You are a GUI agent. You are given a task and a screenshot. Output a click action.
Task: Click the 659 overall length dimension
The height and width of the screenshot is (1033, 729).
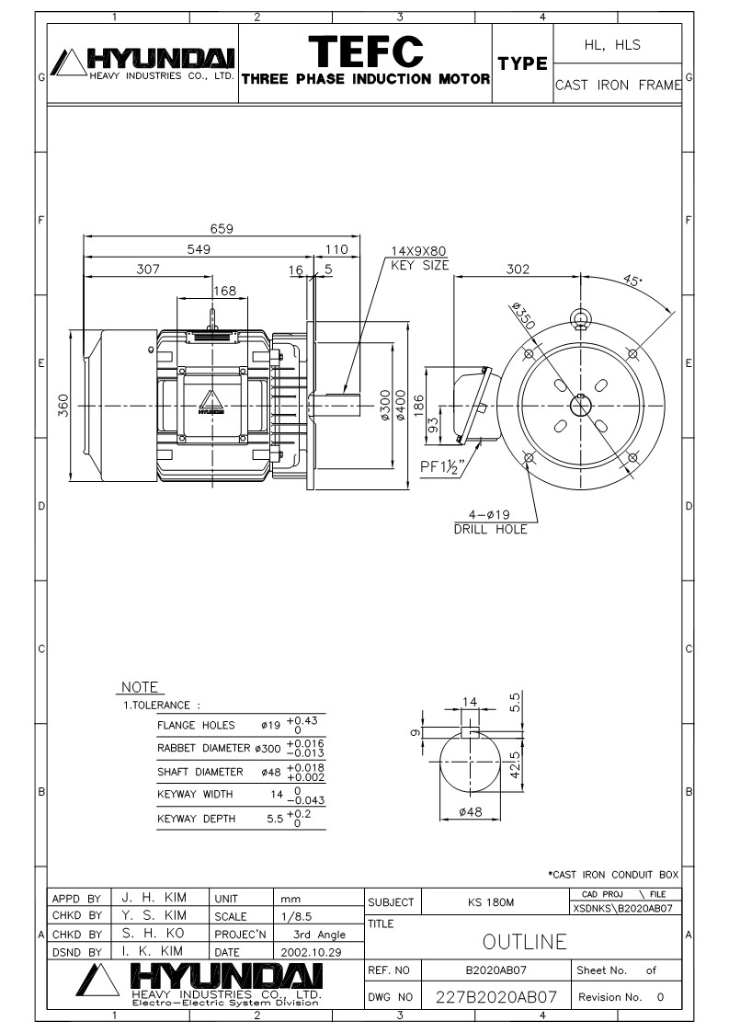pos(222,229)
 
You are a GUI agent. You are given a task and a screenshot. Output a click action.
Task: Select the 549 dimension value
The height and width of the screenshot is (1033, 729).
pos(199,249)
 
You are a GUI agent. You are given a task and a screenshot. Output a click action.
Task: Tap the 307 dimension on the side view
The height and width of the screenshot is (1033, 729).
pos(148,269)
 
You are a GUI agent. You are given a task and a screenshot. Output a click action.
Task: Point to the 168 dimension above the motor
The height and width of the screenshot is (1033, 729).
pos(224,291)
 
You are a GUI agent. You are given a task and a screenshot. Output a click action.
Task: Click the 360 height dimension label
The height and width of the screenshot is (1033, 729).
pos(63,405)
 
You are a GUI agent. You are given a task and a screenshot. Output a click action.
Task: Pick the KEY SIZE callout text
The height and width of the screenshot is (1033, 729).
pos(419,266)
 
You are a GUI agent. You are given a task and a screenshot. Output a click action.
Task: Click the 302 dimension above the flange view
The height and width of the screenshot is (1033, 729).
pos(518,269)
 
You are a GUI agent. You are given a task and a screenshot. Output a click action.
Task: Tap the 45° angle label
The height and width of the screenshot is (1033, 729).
pos(632,280)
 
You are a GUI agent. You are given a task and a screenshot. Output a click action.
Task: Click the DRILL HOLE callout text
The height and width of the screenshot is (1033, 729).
pos(491,529)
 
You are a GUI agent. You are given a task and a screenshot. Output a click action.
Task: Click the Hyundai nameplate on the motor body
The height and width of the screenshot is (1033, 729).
pos(211,403)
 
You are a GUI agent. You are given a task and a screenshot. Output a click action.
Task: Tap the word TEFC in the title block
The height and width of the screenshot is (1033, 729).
pos(366,51)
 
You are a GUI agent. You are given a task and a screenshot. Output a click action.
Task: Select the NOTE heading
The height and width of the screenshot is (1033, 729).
pos(140,687)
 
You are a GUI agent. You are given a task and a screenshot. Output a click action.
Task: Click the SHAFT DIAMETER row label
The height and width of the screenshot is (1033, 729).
pos(200,772)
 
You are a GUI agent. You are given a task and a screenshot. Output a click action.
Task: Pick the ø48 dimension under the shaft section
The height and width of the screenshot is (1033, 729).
pos(470,812)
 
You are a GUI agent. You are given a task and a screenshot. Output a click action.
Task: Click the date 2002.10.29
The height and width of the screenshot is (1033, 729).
pos(311,952)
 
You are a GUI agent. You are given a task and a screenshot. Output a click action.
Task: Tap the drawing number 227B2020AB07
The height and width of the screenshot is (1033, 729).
pos(496,997)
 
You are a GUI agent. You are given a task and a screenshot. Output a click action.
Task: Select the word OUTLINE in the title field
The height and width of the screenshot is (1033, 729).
pos(524,942)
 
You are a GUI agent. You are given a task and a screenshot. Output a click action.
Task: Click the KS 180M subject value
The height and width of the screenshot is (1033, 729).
pos(491,901)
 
